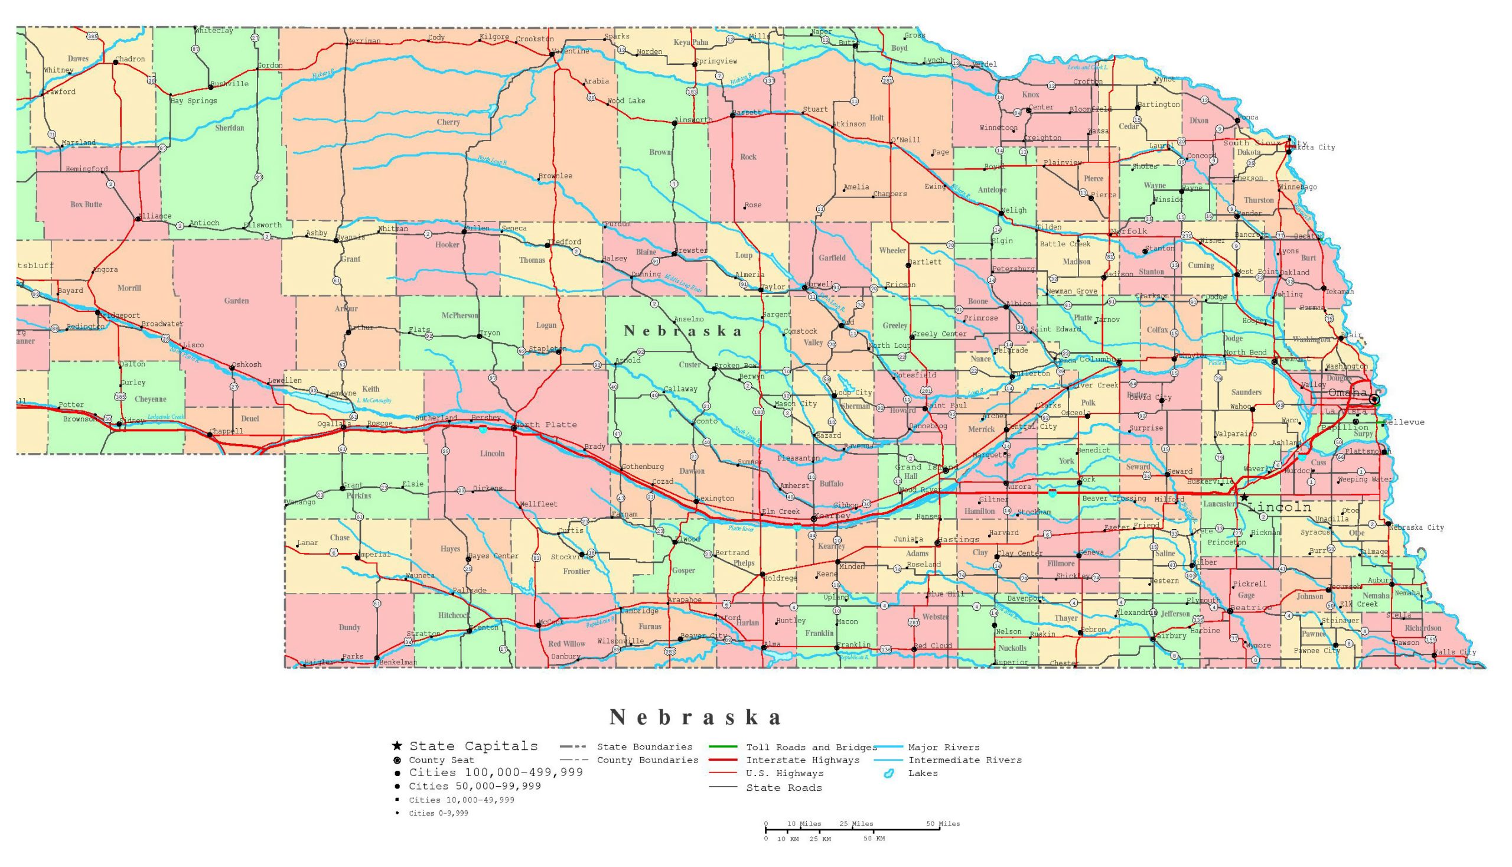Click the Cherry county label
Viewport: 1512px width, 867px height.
[x=448, y=122]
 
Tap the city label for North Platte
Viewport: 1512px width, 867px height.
[x=546, y=425]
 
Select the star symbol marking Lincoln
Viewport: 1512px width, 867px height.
[x=1244, y=497]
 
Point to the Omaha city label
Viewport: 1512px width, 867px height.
[x=1348, y=393]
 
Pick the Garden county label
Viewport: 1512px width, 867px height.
[x=236, y=301]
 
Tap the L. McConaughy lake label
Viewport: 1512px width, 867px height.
[x=374, y=401]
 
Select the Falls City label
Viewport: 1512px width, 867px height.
[x=1455, y=652]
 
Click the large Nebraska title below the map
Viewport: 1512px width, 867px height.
[x=695, y=718]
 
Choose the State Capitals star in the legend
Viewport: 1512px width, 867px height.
[x=397, y=746]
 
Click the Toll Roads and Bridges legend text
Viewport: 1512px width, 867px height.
[x=811, y=747]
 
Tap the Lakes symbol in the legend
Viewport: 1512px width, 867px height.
[x=889, y=774]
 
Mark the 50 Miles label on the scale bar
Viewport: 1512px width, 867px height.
[x=943, y=823]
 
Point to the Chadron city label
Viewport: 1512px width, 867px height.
[x=130, y=59]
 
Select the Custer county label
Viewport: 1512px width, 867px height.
[x=690, y=364]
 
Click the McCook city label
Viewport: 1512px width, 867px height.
[x=550, y=622]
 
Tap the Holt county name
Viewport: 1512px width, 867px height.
[x=876, y=118]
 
